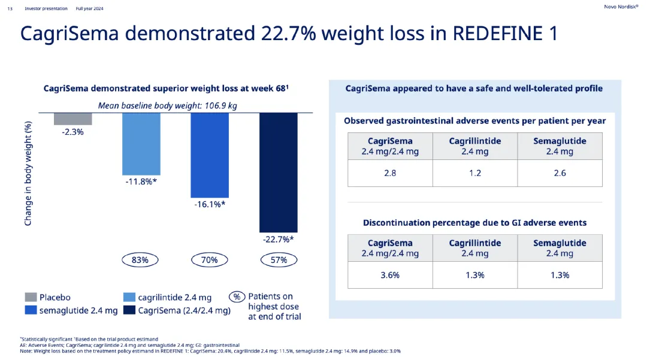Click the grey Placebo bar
click(73, 119)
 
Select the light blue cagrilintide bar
click(141, 144)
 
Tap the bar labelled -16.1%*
click(210, 155)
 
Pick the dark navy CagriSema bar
click(278, 173)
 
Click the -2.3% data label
click(73, 132)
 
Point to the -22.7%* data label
click(278, 239)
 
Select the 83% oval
click(140, 260)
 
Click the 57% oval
click(279, 260)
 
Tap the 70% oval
click(210, 260)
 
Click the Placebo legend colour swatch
click(31, 297)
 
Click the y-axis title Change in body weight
click(28, 173)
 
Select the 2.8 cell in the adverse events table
click(390, 173)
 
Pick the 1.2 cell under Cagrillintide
click(474, 173)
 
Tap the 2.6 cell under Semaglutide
click(560, 173)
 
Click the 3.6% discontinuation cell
click(390, 275)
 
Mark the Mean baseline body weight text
click(168, 106)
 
